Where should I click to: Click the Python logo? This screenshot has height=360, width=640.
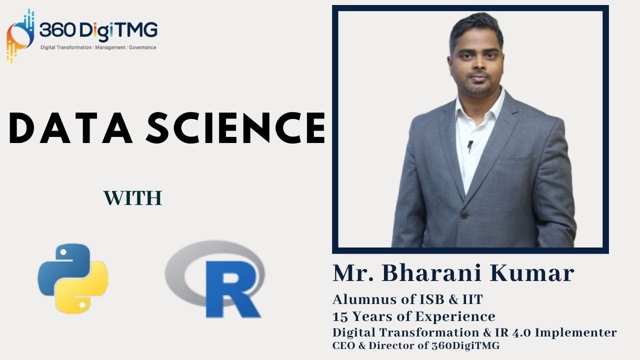(73, 279)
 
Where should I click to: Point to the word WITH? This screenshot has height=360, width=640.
(133, 198)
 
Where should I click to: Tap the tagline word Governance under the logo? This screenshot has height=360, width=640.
(143, 47)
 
